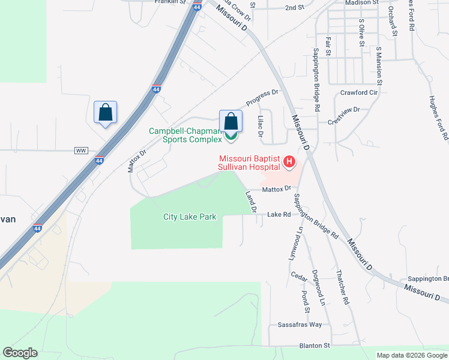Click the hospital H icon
tap(289, 161)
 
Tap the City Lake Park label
tap(190, 217)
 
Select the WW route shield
tap(81, 150)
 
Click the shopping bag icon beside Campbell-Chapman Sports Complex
tap(231, 121)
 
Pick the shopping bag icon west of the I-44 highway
tap(105, 112)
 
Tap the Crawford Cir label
tap(359, 93)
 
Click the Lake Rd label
tap(279, 214)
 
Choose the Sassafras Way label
tap(300, 325)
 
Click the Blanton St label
tap(315, 346)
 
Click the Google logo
tap(20, 353)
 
